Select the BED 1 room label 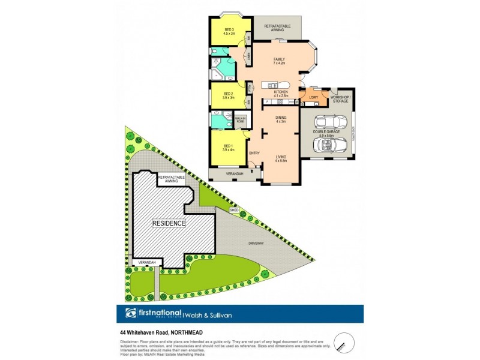[228, 147]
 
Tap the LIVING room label [281, 158]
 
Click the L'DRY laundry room [313, 97]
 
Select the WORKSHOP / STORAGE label [340, 98]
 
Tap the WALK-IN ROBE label [240, 120]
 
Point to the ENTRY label [254, 153]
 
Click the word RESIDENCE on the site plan [169, 223]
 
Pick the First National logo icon [130, 314]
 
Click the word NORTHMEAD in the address [184, 331]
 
